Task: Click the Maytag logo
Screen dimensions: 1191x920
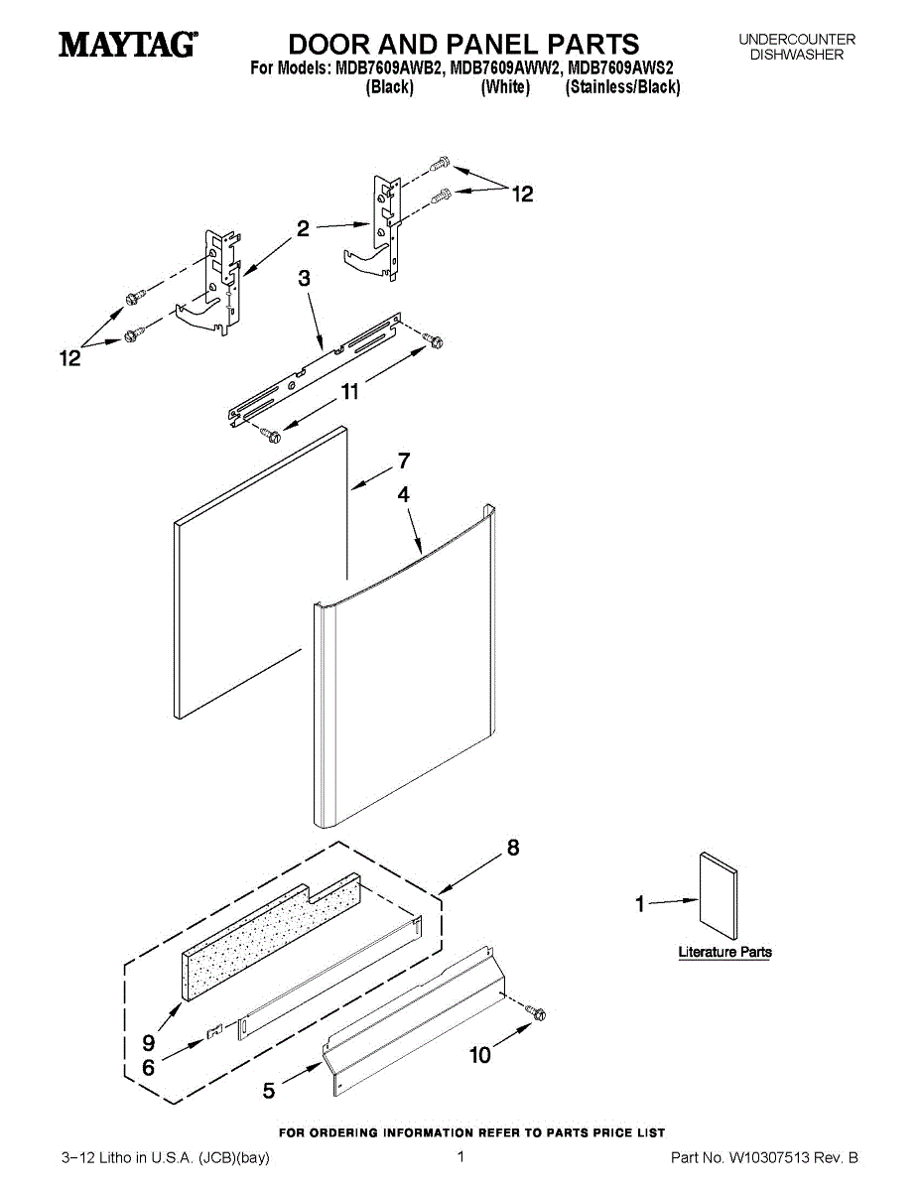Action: pyautogui.click(x=127, y=45)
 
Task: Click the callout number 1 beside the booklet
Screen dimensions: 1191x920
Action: pyautogui.click(x=640, y=903)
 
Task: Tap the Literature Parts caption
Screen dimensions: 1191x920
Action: pyautogui.click(x=724, y=952)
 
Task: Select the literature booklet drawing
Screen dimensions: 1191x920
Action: pyautogui.click(x=719, y=895)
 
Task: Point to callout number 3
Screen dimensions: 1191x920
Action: pyautogui.click(x=305, y=280)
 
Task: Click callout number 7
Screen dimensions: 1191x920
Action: pyautogui.click(x=404, y=461)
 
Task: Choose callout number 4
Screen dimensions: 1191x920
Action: pyautogui.click(x=404, y=493)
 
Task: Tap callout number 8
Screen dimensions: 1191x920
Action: pyautogui.click(x=513, y=848)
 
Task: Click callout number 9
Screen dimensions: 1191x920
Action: pyautogui.click(x=149, y=1043)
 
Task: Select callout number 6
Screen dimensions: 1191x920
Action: pyautogui.click(x=149, y=1068)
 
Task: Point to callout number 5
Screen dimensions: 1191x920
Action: pyautogui.click(x=269, y=1091)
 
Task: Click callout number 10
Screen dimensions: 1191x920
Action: pyautogui.click(x=480, y=1055)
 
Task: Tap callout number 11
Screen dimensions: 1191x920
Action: pyautogui.click(x=349, y=393)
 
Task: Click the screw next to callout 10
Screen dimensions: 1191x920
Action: pyautogui.click(x=536, y=1013)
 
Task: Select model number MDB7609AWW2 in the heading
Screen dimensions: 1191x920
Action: pyautogui.click(x=504, y=69)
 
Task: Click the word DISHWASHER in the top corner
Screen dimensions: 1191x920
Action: pyautogui.click(x=796, y=55)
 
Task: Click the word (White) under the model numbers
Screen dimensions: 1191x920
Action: pyautogui.click(x=505, y=87)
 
